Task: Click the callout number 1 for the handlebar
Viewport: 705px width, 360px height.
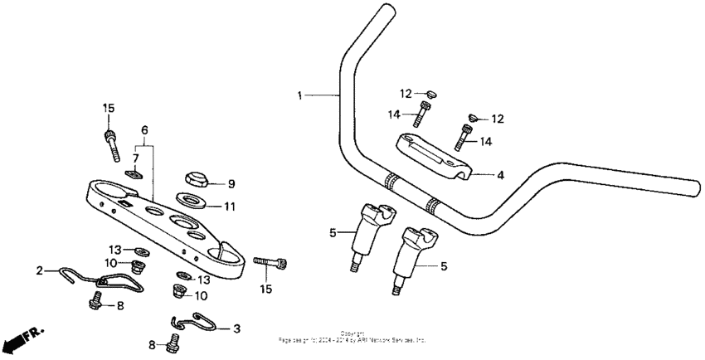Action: [x=300, y=96]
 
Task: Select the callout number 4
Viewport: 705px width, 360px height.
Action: [x=500, y=175]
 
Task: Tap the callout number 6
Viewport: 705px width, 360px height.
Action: [x=144, y=130]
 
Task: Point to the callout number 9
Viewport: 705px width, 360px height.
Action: [x=231, y=183]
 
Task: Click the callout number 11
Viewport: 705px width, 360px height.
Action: [x=231, y=206]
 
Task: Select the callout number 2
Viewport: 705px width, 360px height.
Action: [x=39, y=270]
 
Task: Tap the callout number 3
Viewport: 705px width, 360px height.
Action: [x=236, y=328]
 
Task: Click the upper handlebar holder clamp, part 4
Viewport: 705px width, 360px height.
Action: [x=435, y=155]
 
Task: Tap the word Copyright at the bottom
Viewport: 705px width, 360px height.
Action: [x=352, y=333]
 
